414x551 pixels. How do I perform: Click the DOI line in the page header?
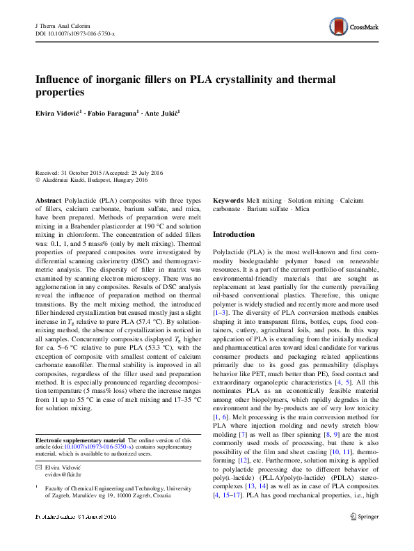pyautogui.click(x=74, y=33)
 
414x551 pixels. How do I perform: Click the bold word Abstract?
pyautogui.click(x=48, y=199)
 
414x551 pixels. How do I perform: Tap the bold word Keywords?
pyautogui.click(x=228, y=200)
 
